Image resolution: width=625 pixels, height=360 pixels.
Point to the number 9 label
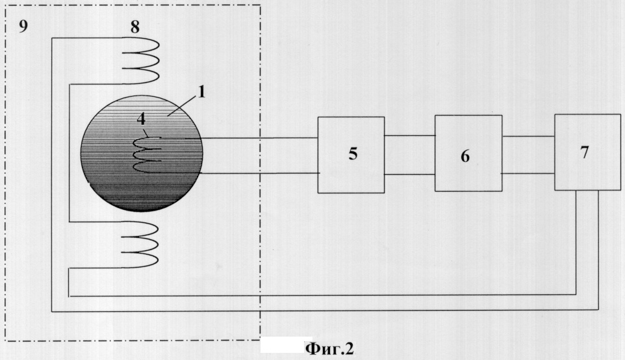coord(23,27)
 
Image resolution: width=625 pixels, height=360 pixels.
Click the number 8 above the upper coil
coord(135,27)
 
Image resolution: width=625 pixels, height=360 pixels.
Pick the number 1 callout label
coord(201,92)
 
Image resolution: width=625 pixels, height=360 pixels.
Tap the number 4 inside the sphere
coord(141,119)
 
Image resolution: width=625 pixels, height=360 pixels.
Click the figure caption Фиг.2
coord(329,349)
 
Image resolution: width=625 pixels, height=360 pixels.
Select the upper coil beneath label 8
coord(158,60)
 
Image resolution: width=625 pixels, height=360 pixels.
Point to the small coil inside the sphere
coord(134,155)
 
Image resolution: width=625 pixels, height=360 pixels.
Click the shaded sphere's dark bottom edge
coord(142,209)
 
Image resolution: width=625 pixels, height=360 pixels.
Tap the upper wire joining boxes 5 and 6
coord(410,135)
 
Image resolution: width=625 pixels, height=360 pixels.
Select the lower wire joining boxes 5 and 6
coord(410,175)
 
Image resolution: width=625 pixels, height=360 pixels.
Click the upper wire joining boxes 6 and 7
coord(529,136)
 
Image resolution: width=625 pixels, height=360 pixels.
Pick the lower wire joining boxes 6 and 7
coord(528,174)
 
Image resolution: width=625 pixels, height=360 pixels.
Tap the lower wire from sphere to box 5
coord(259,174)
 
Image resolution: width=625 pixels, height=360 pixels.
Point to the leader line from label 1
coord(181,107)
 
